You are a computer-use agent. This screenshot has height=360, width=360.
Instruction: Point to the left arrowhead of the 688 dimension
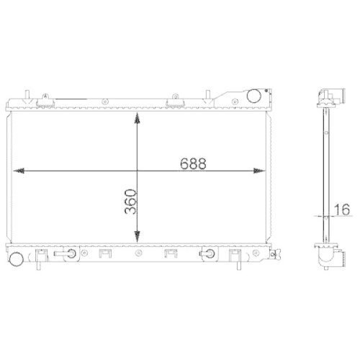[x=19, y=171]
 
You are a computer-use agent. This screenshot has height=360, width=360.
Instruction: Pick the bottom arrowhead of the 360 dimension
[x=137, y=239]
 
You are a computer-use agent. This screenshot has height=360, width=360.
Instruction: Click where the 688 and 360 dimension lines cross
[x=137, y=171]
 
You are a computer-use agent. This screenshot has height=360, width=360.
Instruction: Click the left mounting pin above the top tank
[x=26, y=95]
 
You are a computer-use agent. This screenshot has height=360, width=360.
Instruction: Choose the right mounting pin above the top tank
[x=208, y=95]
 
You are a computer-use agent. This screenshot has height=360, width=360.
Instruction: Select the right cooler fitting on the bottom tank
[x=210, y=253]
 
